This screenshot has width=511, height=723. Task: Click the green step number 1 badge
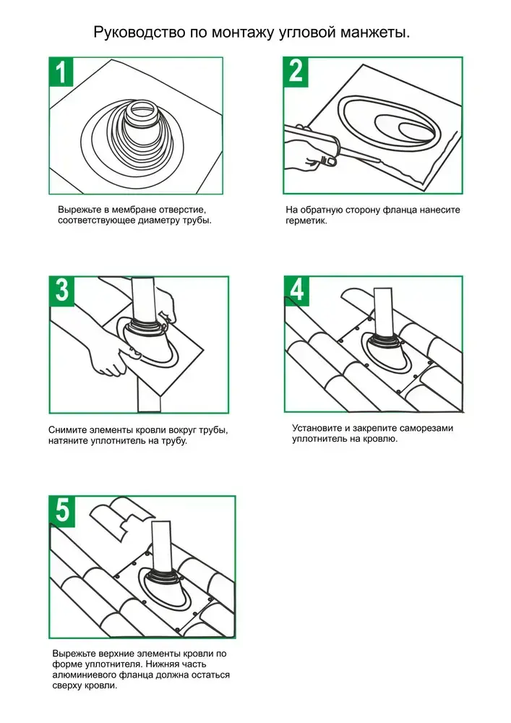(x=61, y=72)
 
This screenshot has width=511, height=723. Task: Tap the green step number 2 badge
(x=296, y=71)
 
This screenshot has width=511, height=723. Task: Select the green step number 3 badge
(x=61, y=291)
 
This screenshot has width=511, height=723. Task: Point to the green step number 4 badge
(x=297, y=290)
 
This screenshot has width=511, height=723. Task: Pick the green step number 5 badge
(x=62, y=510)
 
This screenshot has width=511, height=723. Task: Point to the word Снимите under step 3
(x=64, y=430)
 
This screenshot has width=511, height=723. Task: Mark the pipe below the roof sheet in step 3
(x=148, y=395)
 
